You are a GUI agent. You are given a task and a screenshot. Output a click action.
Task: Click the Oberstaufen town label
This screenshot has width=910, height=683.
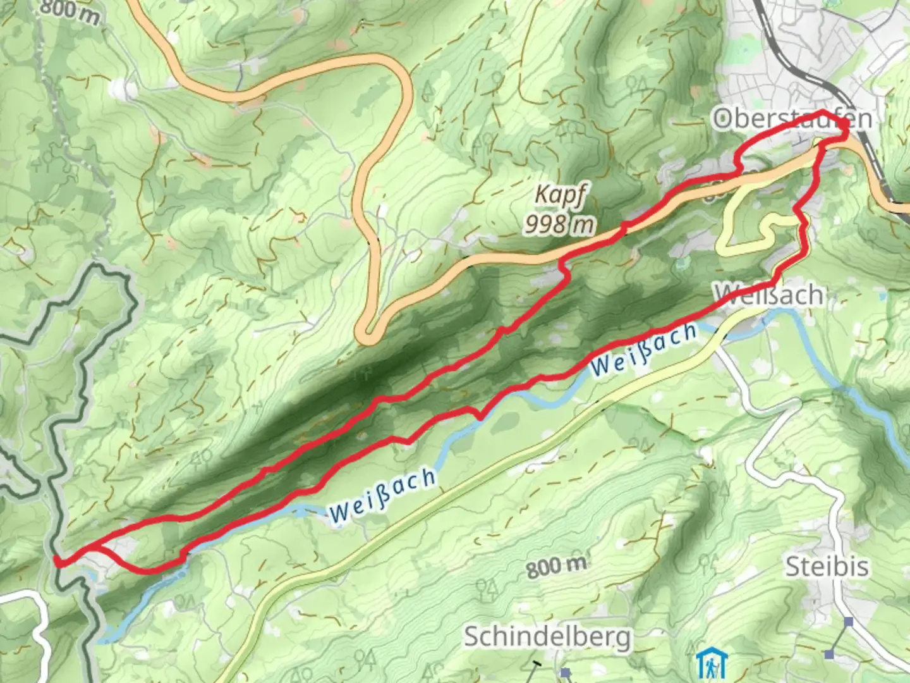tap(792, 119)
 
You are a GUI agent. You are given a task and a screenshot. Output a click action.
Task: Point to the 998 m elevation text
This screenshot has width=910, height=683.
tap(560, 224)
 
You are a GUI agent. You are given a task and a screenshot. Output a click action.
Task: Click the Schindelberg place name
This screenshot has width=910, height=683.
tap(547, 637)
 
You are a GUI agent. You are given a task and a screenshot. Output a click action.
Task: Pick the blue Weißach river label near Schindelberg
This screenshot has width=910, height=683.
tap(382, 496)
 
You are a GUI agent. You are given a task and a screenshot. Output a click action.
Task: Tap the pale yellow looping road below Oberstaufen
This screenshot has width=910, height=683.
tap(727, 240)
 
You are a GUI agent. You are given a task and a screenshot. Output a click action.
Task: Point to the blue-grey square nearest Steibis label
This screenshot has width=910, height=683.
tap(849, 622)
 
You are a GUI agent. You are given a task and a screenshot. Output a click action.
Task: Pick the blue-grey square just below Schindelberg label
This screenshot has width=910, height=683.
tap(565, 673)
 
